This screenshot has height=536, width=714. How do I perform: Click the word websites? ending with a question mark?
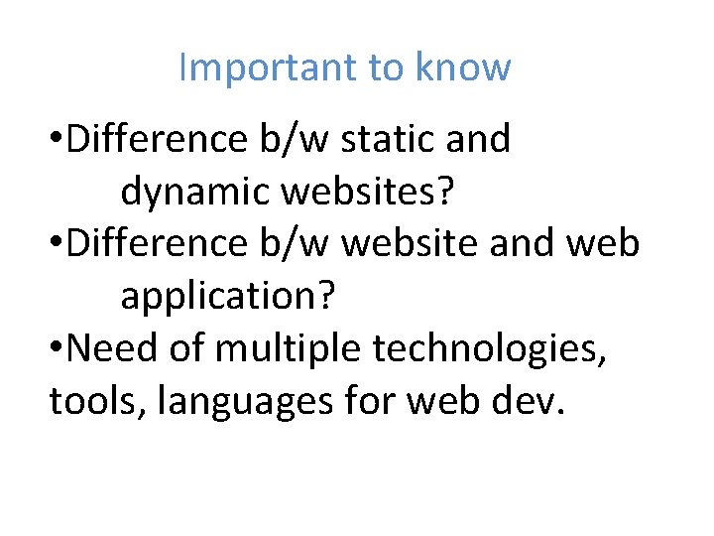[x=366, y=193]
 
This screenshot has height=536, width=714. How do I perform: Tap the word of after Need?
[x=189, y=347]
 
